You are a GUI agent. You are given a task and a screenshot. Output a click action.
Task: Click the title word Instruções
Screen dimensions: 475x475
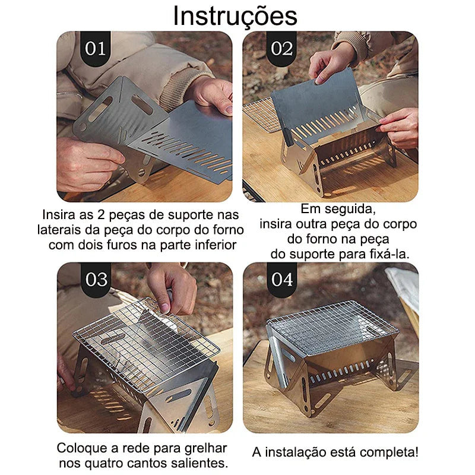[x=235, y=16]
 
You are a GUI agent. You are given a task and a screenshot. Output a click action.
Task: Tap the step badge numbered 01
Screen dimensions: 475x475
[x=95, y=49]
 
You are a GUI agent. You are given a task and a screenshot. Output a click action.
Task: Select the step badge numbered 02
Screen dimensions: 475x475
[x=281, y=49]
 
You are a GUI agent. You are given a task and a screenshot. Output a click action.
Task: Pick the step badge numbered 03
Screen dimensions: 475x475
[x=95, y=280]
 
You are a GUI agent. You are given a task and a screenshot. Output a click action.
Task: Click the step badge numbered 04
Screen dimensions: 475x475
[x=281, y=280]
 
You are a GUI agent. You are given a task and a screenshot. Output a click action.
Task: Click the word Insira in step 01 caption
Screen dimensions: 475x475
[x=58, y=214]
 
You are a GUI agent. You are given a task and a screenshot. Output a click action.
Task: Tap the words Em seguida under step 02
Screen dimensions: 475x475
[x=339, y=209]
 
